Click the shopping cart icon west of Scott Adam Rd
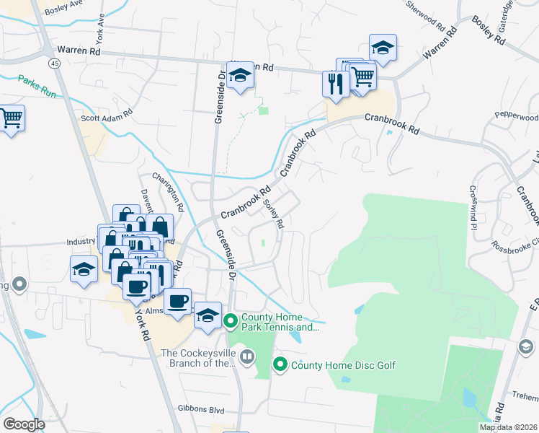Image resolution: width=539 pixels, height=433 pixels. pos(10,117)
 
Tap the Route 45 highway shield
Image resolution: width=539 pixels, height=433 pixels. pos(54,64)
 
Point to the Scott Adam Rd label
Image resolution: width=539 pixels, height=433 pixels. pos(107,114)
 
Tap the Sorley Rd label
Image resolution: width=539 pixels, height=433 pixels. pos(274,214)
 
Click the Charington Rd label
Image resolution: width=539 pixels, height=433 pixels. pos(169,192)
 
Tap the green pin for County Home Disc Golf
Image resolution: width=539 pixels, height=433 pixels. pos(280,364)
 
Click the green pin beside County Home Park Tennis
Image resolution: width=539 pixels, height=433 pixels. pos(231,320)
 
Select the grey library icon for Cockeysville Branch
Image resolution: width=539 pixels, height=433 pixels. pos(247,356)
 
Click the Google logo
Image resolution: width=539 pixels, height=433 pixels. pos(24,424)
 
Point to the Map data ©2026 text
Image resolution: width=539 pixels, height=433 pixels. pos(508,427)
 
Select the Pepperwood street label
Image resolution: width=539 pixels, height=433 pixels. pos(517,116)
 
